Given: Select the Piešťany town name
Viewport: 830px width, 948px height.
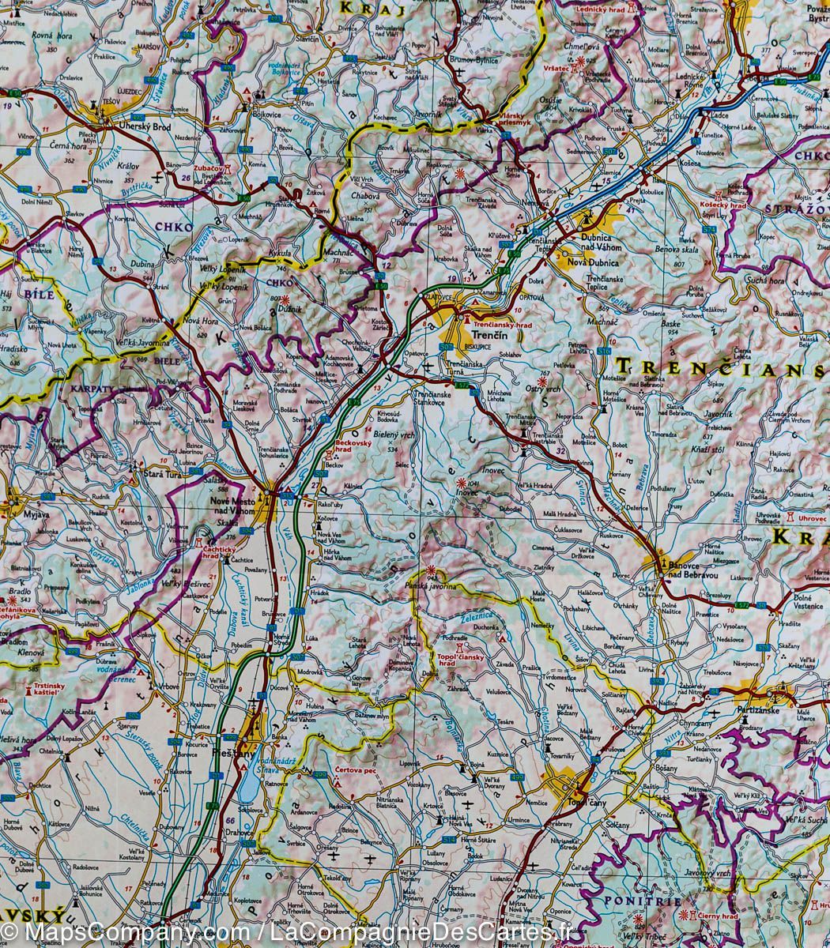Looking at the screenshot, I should (x=230, y=755).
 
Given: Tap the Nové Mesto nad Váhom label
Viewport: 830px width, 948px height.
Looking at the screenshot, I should (x=232, y=506).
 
